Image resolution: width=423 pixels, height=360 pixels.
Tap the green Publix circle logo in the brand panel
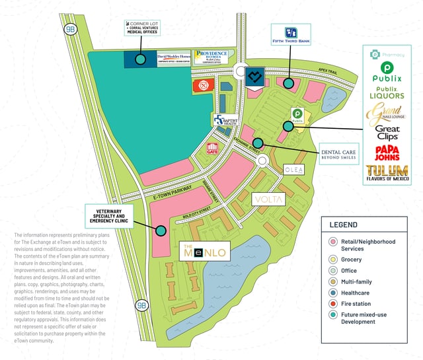pyautogui.click(x=391, y=68)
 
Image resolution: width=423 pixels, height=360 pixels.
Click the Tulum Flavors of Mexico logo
pyautogui.click(x=391, y=174)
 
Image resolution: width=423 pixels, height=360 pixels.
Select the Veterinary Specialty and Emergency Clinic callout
pyautogui.click(x=109, y=214)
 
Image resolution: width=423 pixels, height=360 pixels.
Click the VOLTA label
pyautogui.click(x=270, y=198)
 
